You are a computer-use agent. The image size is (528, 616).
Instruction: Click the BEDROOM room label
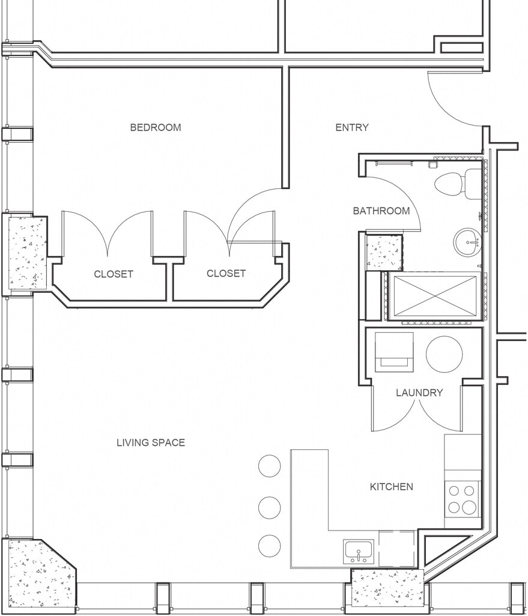[156, 128]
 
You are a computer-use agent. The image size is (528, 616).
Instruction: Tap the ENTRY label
[352, 128]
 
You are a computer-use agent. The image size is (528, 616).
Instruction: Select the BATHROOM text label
[381, 211]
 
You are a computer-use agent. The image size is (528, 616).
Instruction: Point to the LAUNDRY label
[419, 392]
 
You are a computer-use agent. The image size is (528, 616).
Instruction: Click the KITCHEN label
[392, 487]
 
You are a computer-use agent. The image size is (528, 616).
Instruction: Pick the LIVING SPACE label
[151, 443]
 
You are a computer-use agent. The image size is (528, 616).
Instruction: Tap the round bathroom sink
[467, 242]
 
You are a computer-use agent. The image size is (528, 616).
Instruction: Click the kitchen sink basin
[359, 551]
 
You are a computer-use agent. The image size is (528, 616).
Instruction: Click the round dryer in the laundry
[444, 354]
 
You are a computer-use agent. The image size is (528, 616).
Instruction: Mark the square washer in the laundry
[394, 352]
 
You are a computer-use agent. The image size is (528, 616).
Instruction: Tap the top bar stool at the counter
[270, 466]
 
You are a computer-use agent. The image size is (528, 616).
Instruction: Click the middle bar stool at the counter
[270, 507]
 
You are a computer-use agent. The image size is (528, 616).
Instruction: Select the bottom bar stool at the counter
[270, 546]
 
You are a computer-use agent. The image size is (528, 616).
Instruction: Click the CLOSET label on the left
[114, 274]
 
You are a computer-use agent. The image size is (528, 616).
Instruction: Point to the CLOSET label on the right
[226, 273]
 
